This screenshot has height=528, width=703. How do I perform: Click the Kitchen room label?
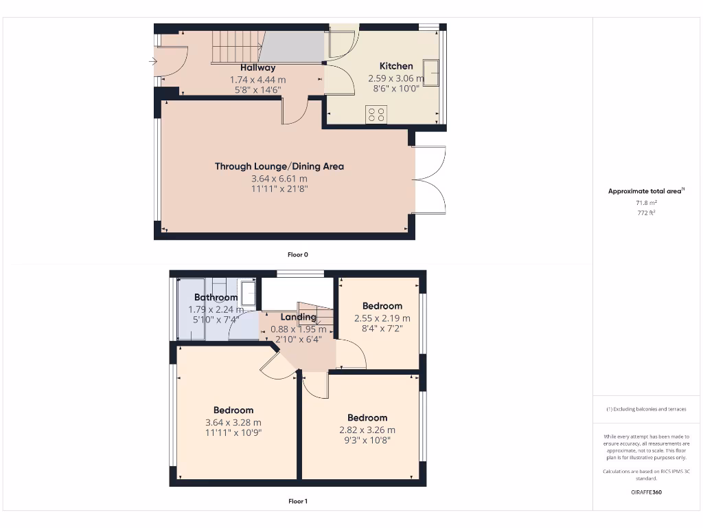(396, 66)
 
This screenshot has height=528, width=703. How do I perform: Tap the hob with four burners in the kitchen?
(376, 114)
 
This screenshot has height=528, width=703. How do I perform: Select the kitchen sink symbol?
(432, 70)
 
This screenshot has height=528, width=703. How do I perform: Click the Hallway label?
(257, 67)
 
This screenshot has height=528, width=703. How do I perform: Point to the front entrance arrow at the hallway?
(152, 62)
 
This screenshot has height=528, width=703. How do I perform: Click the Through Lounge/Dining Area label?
(279, 166)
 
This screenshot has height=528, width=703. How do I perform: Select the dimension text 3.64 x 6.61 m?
(279, 179)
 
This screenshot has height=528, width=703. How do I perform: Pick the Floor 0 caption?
(297, 254)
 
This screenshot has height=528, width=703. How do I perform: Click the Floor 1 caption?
(297, 501)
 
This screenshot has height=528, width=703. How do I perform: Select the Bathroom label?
(216, 298)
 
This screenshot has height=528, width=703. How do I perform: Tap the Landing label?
(298, 317)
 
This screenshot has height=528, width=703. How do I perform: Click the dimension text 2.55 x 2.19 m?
(382, 318)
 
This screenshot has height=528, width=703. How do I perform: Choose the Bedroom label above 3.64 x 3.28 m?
(233, 410)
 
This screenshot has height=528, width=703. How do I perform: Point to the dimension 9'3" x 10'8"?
(367, 441)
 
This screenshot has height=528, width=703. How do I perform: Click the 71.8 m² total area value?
(645, 203)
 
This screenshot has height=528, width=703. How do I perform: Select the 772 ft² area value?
(645, 213)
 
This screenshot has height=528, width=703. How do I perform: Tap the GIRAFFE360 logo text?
(645, 492)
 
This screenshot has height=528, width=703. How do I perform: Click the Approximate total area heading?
(645, 191)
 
